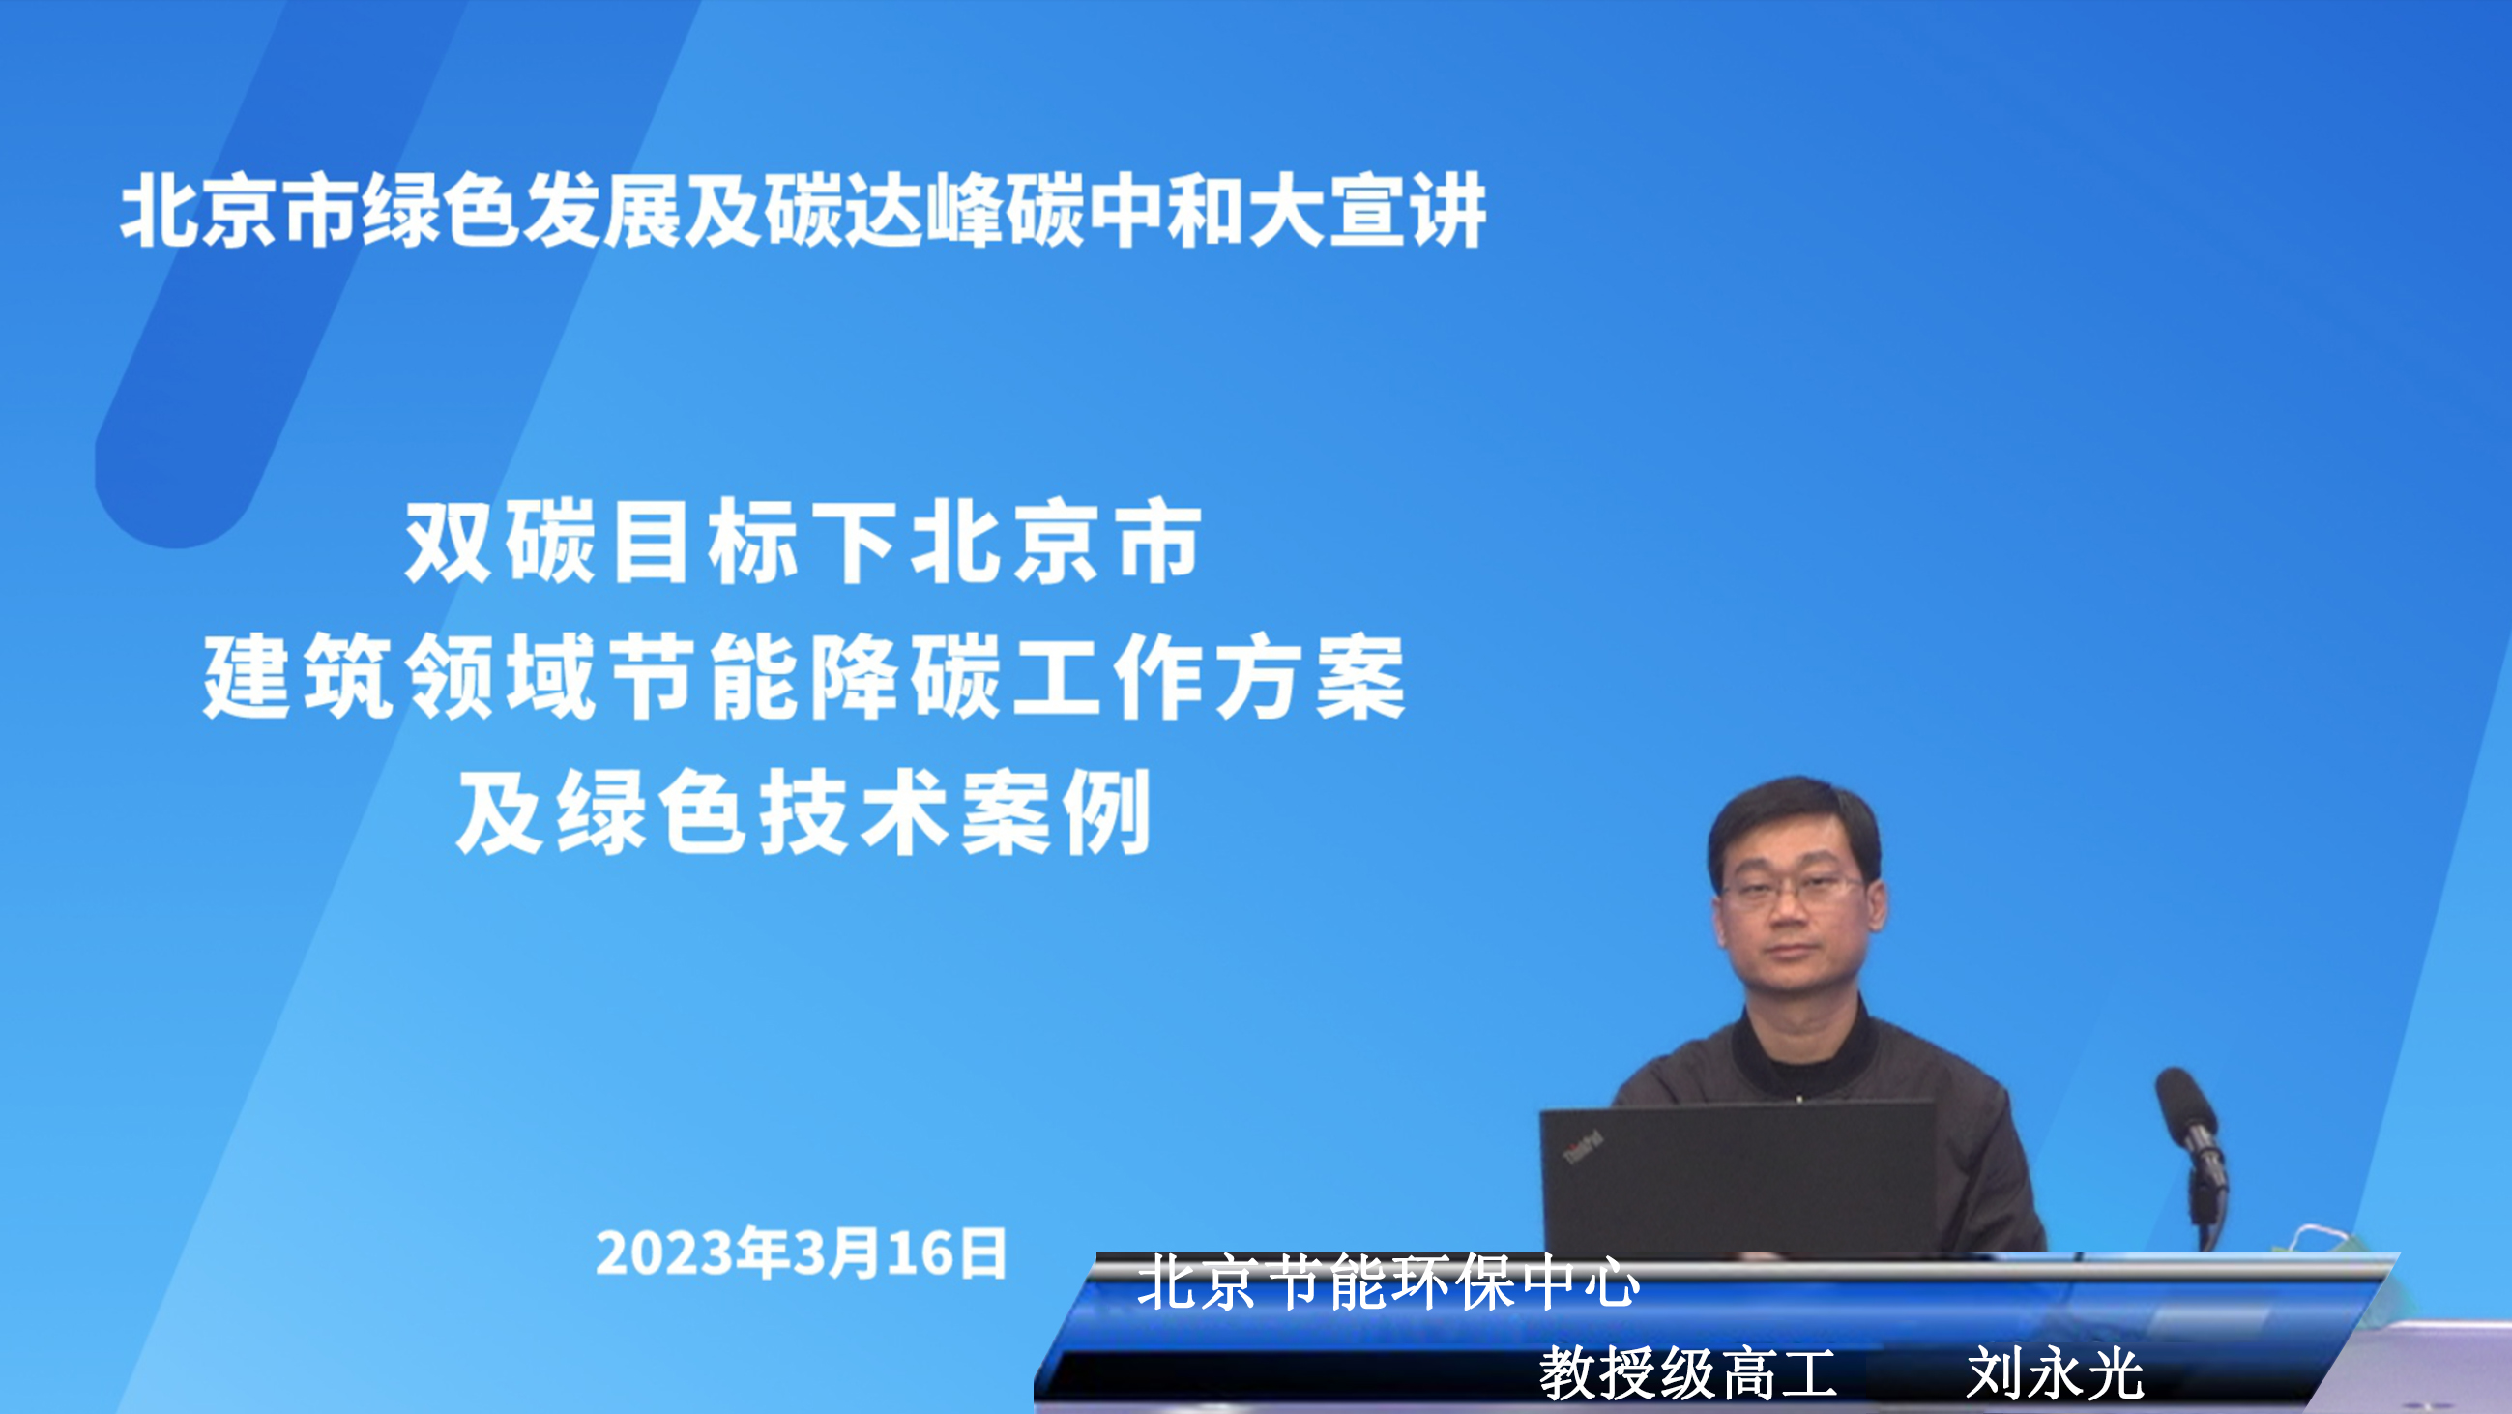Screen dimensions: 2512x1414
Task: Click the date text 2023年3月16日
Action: (801, 1253)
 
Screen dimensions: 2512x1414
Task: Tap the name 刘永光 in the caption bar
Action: (2054, 1374)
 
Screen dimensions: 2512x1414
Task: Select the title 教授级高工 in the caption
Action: (1688, 1374)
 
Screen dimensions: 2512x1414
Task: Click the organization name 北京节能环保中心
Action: (1388, 1282)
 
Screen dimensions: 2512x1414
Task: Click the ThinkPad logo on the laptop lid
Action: (1583, 1147)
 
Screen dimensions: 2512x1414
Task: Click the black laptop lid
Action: (1738, 1177)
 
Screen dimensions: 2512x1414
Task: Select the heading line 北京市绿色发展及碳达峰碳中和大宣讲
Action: (803, 210)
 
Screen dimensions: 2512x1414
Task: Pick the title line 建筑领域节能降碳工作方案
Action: (803, 676)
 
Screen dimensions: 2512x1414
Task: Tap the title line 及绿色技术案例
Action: (803, 811)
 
